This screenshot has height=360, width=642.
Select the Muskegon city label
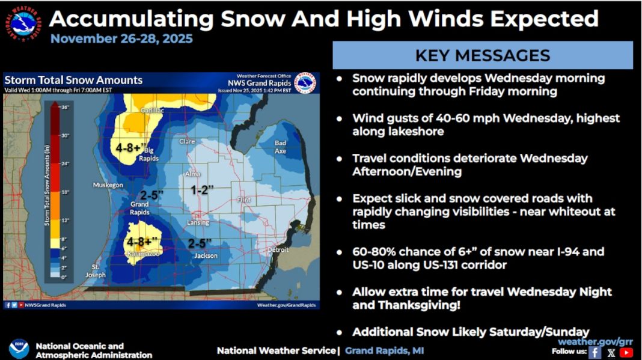(108, 185)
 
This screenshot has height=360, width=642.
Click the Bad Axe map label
(280, 147)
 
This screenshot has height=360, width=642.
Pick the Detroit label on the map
(278, 249)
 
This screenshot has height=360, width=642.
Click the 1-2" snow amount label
(202, 191)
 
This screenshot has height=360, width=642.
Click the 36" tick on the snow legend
(66, 108)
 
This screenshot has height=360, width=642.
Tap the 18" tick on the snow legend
(66, 192)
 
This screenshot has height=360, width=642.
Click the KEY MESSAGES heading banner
(482, 55)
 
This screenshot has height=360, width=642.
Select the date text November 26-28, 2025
(121, 39)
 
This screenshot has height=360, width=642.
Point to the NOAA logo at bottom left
(19, 349)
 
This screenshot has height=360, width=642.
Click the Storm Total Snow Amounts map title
(73, 80)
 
